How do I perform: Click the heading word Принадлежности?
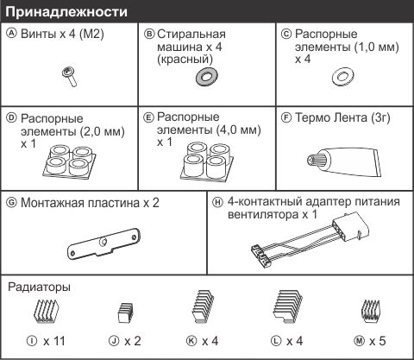[x=66, y=12]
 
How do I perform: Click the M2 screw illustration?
[x=69, y=76]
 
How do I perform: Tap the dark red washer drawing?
[x=206, y=77]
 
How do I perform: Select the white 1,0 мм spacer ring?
[x=342, y=77]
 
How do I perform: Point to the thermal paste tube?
[x=344, y=161]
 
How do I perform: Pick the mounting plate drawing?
[x=103, y=244]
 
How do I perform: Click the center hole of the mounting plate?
[x=102, y=243]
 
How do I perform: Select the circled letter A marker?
[x=12, y=34]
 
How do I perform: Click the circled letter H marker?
[x=217, y=202]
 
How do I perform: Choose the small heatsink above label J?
[x=125, y=313]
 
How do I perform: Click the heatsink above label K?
[x=203, y=306]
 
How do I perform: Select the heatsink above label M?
[x=370, y=311]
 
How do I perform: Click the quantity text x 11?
[x=54, y=341]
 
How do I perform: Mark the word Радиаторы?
[x=39, y=287]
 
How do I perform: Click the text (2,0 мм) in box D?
[x=101, y=132]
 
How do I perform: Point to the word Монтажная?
[x=52, y=203]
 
